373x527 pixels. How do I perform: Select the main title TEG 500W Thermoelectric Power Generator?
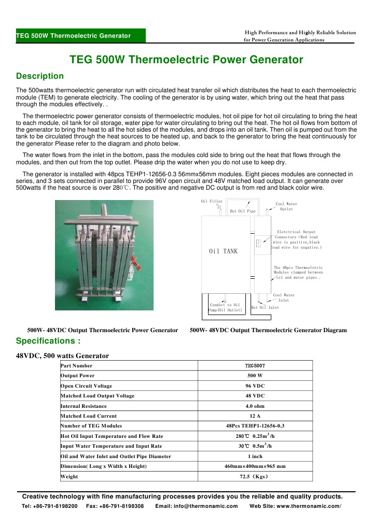186,60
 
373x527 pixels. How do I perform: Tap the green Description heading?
40,76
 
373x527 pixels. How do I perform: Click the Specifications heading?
48,340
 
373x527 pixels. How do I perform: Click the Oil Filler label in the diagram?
212,201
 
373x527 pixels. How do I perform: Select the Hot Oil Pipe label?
243,211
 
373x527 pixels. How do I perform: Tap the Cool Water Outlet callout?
286,206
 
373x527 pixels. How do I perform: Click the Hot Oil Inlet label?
265,307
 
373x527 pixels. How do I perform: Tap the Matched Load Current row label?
89,416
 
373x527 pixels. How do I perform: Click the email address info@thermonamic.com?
197,506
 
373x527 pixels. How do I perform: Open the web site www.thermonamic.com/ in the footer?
295,506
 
